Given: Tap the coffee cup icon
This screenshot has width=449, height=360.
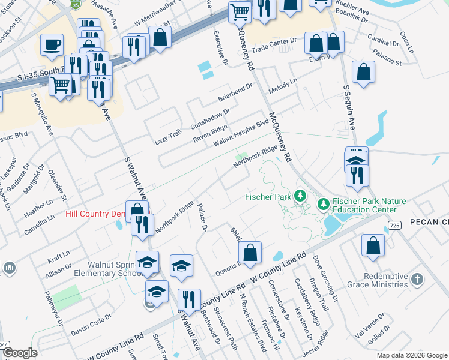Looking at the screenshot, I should click(x=52, y=44).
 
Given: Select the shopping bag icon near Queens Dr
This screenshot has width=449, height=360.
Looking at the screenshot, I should click(x=250, y=251).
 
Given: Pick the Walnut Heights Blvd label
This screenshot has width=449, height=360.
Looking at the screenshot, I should click(x=241, y=132).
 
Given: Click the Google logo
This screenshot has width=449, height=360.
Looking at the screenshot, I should click(x=20, y=353).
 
